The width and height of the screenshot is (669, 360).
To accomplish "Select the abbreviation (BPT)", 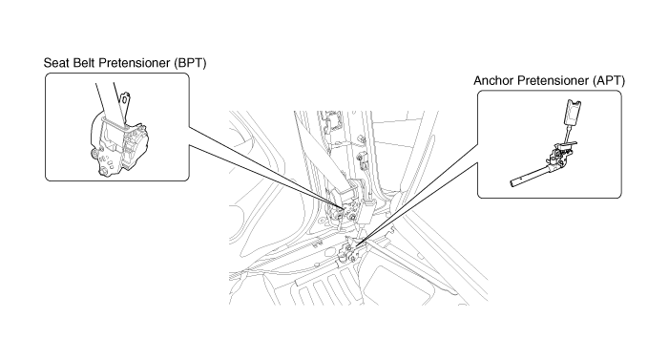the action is [190, 63].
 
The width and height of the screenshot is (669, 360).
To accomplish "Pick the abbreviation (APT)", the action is [609, 81].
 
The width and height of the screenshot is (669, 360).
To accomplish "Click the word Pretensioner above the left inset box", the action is [129, 63].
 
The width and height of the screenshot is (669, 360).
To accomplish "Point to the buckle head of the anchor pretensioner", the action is [573, 112].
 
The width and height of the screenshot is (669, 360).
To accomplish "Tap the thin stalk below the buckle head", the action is [568, 134].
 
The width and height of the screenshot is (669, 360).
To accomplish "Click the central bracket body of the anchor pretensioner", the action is [560, 155].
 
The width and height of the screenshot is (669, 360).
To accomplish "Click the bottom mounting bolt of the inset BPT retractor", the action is [103, 171].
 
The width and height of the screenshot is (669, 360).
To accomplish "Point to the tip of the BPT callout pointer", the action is [344, 208].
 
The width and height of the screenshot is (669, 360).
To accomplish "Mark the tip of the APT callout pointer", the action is [354, 246].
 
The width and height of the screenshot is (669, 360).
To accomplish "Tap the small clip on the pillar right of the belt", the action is [363, 161].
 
